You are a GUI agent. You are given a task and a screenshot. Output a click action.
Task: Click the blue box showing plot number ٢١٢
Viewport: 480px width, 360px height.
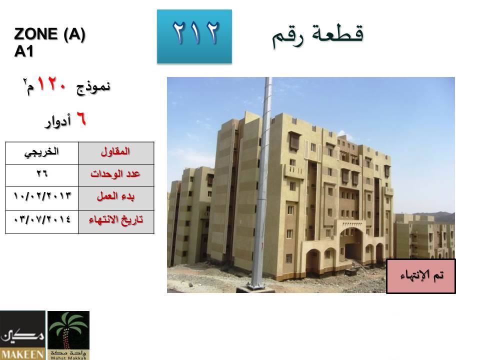click(x=194, y=36)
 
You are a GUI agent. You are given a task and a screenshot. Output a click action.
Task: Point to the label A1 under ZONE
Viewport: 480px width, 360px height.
click(x=23, y=51)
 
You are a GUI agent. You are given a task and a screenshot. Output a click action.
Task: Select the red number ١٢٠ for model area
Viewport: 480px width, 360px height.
click(x=51, y=84)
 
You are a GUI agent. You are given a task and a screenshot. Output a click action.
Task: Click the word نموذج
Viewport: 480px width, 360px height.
click(x=93, y=87)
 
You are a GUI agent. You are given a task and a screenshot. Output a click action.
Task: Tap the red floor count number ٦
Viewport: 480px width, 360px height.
click(x=81, y=118)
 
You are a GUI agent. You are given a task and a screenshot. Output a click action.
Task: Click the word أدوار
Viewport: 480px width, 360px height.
click(x=58, y=121)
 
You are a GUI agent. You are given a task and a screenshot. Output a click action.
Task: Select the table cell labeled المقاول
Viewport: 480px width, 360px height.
click(x=116, y=153)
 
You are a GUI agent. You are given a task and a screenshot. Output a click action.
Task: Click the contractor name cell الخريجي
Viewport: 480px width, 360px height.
click(x=42, y=153)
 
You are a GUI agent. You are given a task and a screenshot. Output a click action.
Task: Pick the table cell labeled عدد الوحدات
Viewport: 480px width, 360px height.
click(x=116, y=175)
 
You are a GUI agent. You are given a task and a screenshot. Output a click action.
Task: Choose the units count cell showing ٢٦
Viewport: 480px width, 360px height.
click(x=42, y=175)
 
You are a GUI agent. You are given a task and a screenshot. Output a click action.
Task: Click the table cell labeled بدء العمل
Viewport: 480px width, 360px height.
click(x=116, y=198)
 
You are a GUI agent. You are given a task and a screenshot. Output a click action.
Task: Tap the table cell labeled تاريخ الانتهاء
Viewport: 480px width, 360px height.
click(x=116, y=222)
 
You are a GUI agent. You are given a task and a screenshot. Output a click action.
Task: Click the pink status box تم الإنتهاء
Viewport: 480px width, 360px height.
click(x=421, y=276)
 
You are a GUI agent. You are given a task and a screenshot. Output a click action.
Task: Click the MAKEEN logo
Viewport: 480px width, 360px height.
click(x=22, y=335)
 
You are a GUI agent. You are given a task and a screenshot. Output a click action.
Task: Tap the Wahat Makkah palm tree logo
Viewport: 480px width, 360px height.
click(x=68, y=335)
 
